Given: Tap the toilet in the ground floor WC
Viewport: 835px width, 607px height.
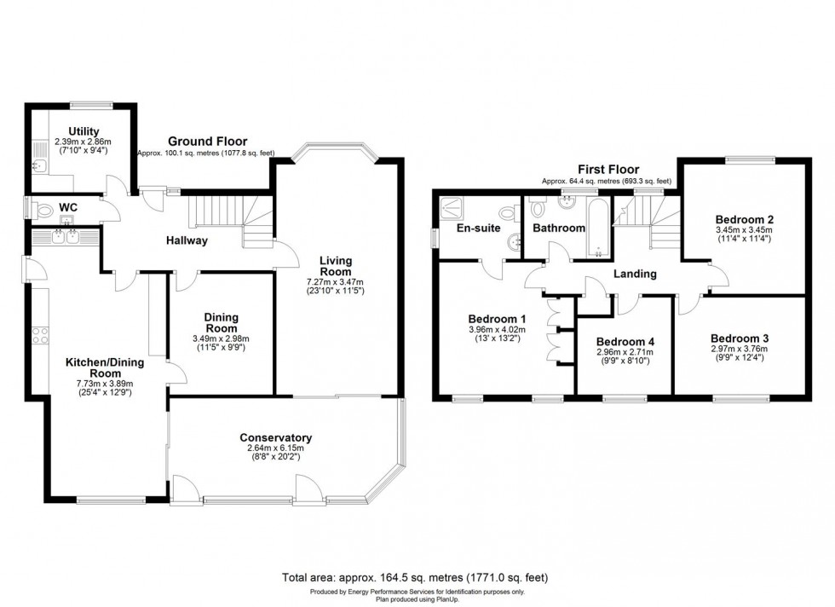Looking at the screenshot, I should tap(38, 207).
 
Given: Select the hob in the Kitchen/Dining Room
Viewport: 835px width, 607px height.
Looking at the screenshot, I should tap(39, 335).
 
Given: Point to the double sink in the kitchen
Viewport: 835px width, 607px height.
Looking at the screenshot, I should tap(63, 239).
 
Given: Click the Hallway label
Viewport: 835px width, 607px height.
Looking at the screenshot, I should tap(187, 240).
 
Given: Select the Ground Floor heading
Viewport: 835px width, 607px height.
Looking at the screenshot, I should tap(207, 142).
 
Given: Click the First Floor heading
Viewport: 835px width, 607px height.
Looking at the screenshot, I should tap(608, 170).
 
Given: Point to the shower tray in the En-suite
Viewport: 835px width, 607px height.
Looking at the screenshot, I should tap(450, 205).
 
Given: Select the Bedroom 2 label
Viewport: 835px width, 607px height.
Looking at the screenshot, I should tap(744, 218).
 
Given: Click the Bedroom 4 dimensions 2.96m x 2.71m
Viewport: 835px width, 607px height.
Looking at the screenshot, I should tap(625, 351).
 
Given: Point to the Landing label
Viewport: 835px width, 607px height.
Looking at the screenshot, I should tap(636, 274).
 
